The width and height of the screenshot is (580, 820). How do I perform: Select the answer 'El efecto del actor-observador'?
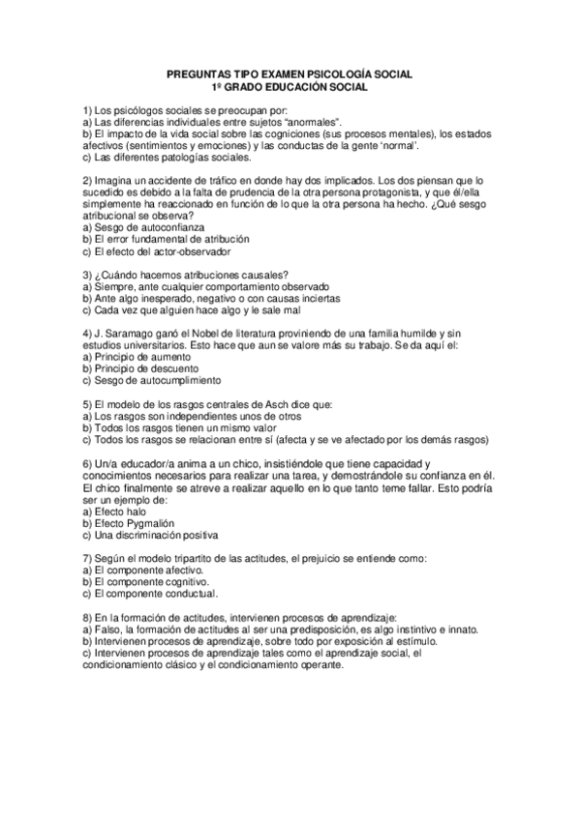(x=161, y=250)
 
